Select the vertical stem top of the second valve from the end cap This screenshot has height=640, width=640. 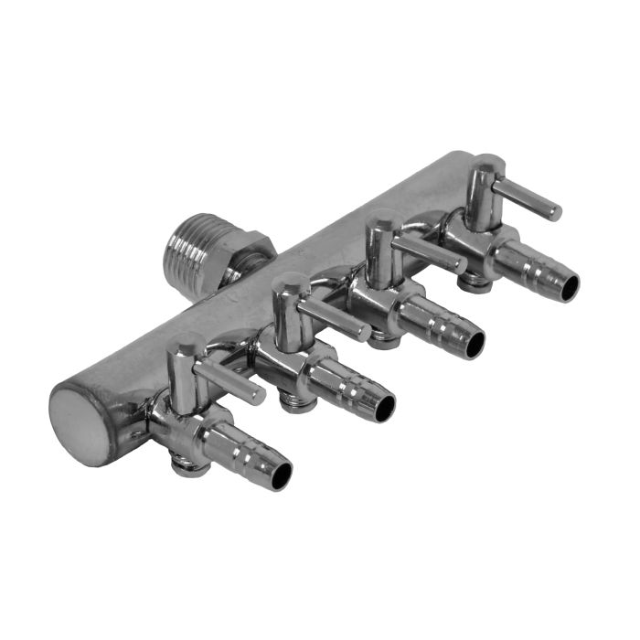[x=289, y=283]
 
